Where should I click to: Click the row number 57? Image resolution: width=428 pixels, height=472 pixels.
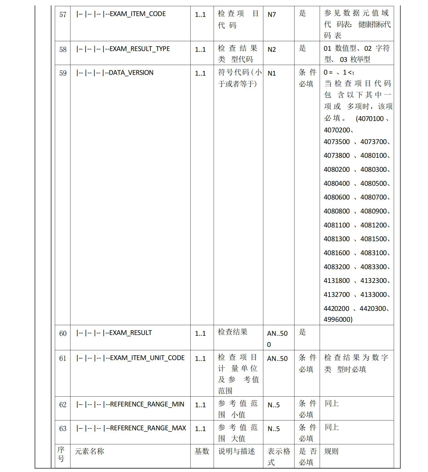(x=63, y=15)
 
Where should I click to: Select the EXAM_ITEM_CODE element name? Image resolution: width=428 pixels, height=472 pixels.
(x=138, y=14)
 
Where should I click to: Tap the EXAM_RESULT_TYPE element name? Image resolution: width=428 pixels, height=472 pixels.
(x=140, y=49)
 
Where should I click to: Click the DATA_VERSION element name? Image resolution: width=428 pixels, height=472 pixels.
(x=131, y=73)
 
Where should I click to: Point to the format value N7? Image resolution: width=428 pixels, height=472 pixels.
(x=271, y=15)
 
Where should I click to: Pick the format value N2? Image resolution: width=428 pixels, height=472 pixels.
(x=271, y=49)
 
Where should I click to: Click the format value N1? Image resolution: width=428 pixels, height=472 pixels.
(x=271, y=73)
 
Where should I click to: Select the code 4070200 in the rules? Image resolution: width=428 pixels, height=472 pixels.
(x=337, y=130)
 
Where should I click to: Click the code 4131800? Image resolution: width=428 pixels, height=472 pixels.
(x=337, y=281)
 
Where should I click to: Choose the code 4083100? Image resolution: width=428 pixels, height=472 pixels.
(x=373, y=253)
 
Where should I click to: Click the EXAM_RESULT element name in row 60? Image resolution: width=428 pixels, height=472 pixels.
(x=130, y=333)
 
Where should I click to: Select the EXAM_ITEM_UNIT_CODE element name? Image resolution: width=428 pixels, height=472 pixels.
(x=147, y=358)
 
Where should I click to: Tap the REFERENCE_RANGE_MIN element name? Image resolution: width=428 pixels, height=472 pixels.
(x=147, y=404)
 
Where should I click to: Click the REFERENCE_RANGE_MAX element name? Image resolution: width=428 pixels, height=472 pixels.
(x=148, y=428)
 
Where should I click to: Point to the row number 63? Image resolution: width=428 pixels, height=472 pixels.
(x=63, y=428)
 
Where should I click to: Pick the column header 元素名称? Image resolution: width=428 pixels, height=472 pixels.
(x=89, y=451)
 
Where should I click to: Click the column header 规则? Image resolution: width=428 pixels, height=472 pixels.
(x=331, y=451)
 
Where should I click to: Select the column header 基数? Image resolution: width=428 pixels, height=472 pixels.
(x=202, y=451)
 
